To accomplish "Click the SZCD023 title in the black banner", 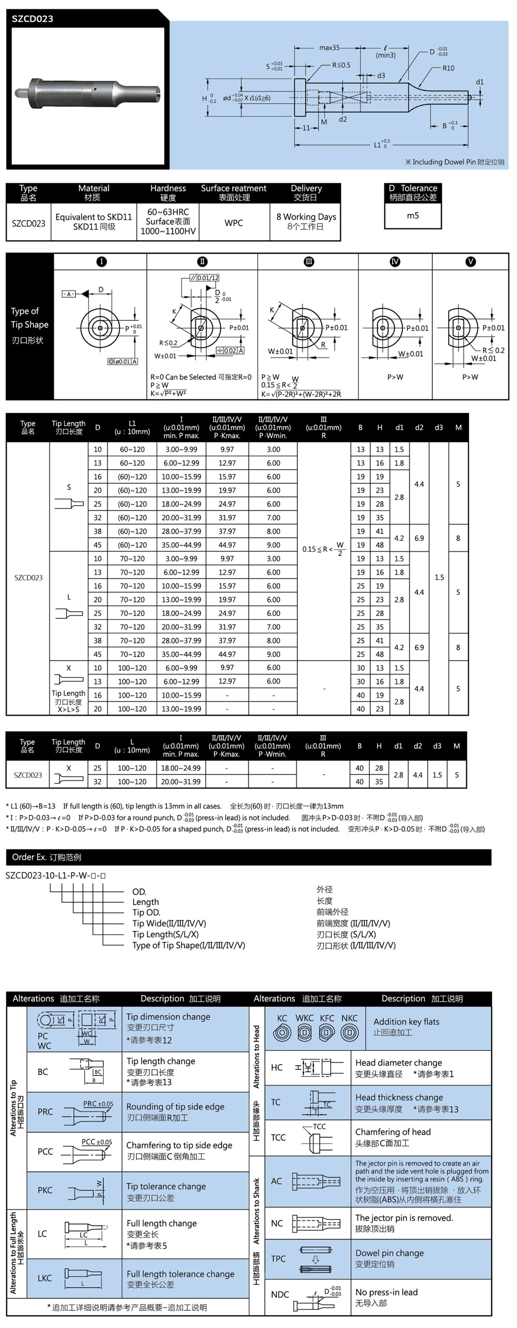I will (33, 19).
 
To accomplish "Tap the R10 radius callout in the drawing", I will (448, 68).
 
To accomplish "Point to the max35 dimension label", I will (329, 48).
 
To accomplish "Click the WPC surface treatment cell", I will (234, 223).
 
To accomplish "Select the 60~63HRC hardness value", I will (168, 212).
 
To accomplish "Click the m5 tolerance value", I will (413, 215).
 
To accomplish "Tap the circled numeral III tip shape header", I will (309, 261).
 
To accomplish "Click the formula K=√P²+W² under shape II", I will (169, 393).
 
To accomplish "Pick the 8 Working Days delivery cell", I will (306, 217).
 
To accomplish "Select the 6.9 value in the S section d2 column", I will (419, 538).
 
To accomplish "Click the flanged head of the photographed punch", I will (36, 94).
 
